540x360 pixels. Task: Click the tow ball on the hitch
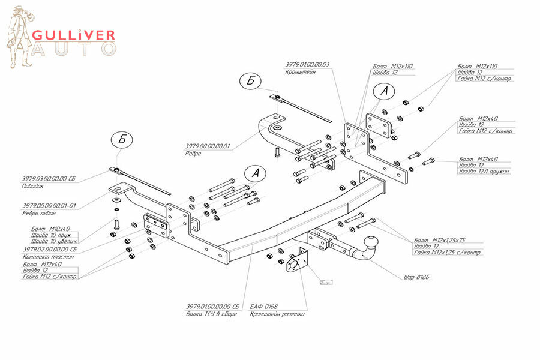click(371, 245)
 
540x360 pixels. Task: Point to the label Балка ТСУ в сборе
click(212, 314)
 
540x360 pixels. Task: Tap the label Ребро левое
click(40, 213)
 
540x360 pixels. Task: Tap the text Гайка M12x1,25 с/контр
click(448, 253)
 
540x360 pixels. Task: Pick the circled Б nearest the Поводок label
click(121, 139)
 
